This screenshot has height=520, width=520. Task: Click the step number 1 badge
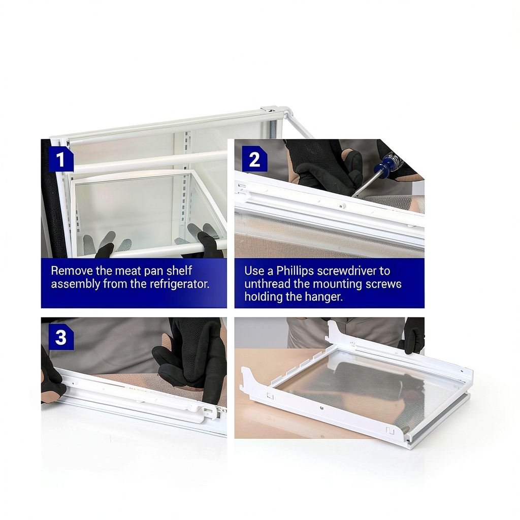(x=61, y=159)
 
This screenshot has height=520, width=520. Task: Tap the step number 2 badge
(x=254, y=159)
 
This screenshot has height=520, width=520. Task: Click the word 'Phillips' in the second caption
(x=295, y=271)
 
